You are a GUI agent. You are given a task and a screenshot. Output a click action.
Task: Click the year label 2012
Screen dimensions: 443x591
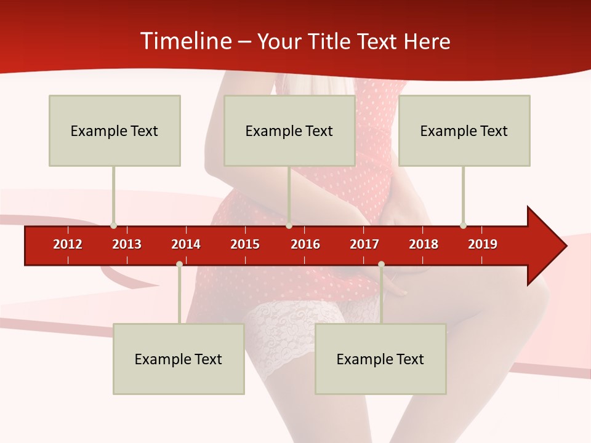click(x=68, y=244)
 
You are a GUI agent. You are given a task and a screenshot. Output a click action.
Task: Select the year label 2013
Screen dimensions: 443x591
click(x=127, y=244)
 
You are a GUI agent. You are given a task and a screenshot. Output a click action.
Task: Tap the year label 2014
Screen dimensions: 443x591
click(x=186, y=244)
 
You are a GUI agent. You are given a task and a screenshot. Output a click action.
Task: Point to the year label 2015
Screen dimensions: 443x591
click(x=245, y=244)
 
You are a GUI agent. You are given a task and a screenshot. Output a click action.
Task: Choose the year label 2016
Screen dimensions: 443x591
click(x=305, y=244)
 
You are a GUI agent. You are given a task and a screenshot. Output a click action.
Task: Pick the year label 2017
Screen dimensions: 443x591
click(x=364, y=244)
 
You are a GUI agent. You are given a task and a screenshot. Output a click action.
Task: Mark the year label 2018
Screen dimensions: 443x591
click(x=424, y=244)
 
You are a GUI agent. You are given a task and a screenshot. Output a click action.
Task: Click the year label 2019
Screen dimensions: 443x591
click(x=483, y=244)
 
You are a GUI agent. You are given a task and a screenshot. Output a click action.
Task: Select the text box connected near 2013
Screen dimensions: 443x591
click(x=115, y=130)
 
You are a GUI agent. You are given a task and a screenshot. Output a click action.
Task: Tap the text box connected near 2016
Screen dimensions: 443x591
click(x=289, y=130)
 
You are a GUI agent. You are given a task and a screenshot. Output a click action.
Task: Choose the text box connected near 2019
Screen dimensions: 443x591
click(x=464, y=130)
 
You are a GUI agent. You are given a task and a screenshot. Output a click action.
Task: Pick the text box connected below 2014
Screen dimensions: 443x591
click(x=179, y=359)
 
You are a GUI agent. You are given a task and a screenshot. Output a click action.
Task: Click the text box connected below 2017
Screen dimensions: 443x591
click(x=380, y=359)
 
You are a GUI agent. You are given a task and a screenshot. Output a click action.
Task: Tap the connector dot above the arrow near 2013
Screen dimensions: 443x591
click(x=113, y=225)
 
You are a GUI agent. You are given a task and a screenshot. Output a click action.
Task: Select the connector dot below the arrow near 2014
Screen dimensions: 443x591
click(x=179, y=264)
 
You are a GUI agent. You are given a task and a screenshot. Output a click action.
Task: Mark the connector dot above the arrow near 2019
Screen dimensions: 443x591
click(x=463, y=225)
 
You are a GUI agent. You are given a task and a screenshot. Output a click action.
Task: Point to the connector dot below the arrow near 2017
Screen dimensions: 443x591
click(x=381, y=264)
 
